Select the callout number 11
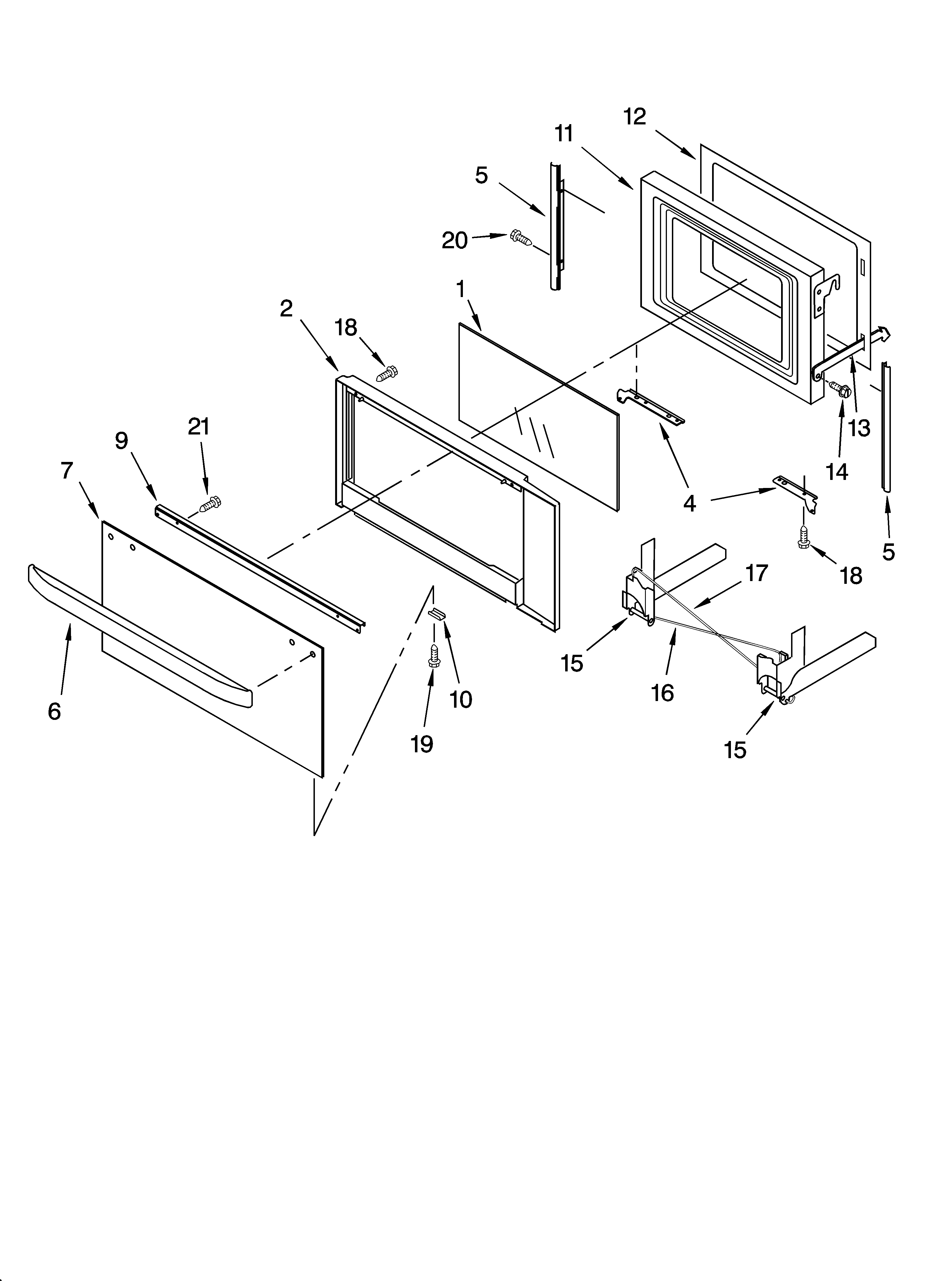[564, 134]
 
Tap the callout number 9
[121, 441]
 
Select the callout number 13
[859, 428]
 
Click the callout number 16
[662, 692]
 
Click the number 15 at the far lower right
[735, 750]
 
